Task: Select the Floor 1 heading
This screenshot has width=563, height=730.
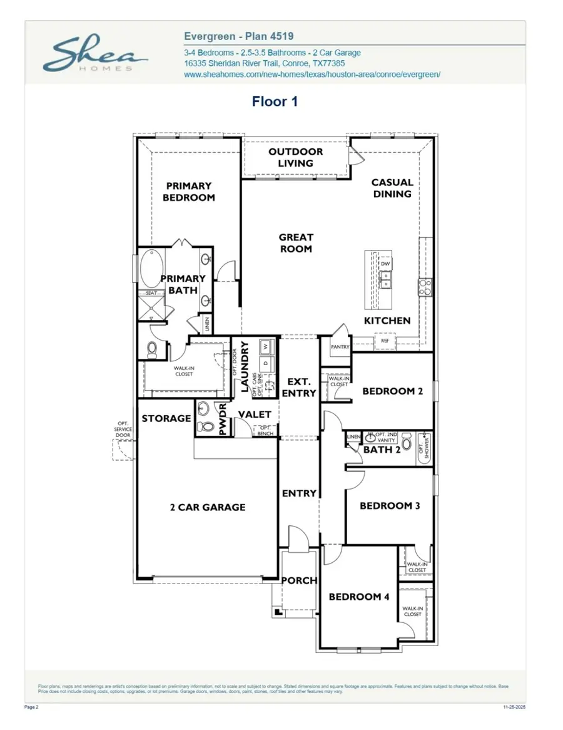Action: (x=275, y=101)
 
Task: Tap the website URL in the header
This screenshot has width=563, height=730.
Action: (x=312, y=74)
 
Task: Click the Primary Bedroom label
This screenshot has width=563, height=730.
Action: (x=189, y=192)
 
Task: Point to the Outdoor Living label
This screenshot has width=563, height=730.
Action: (x=295, y=158)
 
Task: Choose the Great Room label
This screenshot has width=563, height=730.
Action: (x=296, y=243)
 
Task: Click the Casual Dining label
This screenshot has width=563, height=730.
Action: (x=392, y=188)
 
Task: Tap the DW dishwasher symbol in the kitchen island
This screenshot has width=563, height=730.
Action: (x=385, y=264)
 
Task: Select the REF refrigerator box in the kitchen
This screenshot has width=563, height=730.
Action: (x=385, y=341)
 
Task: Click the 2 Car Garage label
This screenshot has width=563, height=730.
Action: (x=208, y=507)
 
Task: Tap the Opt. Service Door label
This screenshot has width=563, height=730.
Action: (x=123, y=429)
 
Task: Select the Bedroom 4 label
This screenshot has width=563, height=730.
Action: (x=359, y=597)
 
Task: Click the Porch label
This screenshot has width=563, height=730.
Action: (x=299, y=580)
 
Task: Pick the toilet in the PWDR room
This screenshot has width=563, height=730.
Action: (x=205, y=428)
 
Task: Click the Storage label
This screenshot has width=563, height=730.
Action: (x=166, y=418)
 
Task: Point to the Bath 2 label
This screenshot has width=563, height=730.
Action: (x=382, y=450)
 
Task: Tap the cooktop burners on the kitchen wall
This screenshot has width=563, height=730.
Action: (x=425, y=287)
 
